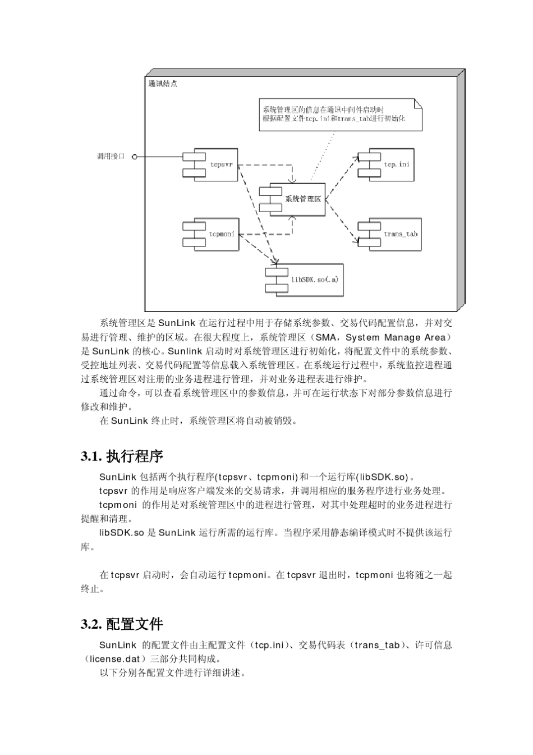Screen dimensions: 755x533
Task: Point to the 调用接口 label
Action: click(x=111, y=157)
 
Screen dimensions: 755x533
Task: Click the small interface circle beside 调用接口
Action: click(x=135, y=157)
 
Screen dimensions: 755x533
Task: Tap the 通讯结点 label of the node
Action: click(x=163, y=84)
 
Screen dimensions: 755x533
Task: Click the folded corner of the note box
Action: click(x=417, y=104)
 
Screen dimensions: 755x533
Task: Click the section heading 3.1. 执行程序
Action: click(x=122, y=456)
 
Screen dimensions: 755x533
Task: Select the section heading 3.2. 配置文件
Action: click(x=122, y=624)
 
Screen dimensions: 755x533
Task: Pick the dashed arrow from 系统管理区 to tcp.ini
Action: click(x=342, y=174)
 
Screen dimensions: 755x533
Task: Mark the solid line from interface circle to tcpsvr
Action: click(x=160, y=157)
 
